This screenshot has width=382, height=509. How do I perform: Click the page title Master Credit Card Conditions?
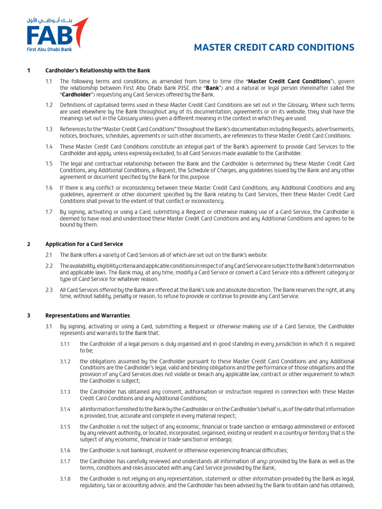274,48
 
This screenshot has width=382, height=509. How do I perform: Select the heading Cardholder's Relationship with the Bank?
97,71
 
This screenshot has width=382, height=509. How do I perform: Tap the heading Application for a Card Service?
84,244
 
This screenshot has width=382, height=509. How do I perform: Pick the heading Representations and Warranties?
88,315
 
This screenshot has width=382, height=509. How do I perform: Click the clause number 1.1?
49,81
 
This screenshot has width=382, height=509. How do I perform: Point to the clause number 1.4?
49,147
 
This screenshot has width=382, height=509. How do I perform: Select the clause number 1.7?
49,212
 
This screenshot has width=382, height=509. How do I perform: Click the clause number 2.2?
49,266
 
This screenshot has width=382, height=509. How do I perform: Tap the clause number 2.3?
49,289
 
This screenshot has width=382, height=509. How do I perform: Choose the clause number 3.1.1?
65,344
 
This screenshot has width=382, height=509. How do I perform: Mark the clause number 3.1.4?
65,409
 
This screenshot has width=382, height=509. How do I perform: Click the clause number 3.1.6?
65,450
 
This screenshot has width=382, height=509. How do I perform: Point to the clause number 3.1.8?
65,479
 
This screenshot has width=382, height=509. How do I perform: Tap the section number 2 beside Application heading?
29,244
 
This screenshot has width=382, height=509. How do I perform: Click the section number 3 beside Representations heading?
29,315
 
